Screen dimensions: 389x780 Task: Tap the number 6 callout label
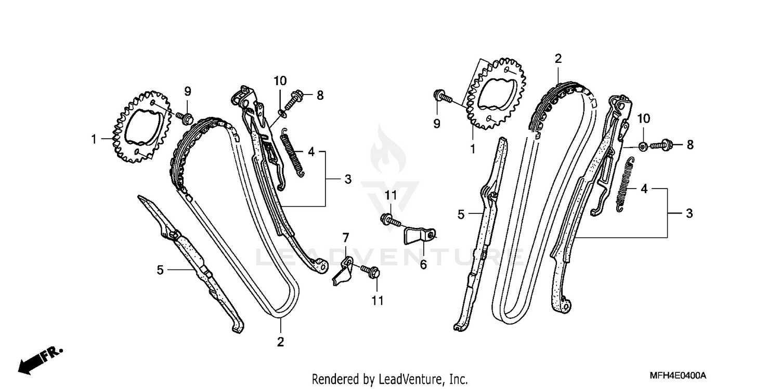click(423, 265)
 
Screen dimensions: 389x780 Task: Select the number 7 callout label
click(346, 238)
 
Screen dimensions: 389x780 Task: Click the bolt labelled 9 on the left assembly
click(184, 117)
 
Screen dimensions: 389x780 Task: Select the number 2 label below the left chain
click(280, 342)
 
